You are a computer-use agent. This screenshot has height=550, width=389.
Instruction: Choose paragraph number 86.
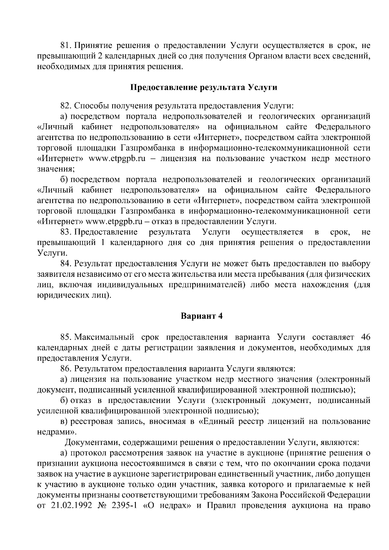click(66, 369)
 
